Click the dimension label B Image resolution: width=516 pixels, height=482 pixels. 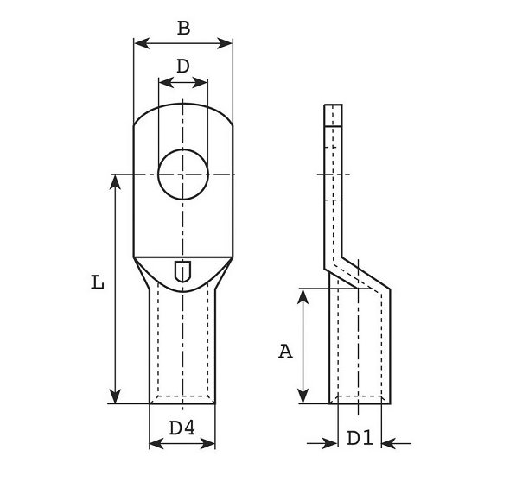pyautogui.click(x=183, y=28)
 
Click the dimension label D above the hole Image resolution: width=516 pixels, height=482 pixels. pyautogui.click(x=183, y=67)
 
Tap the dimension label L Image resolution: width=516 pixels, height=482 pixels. pyautogui.click(x=98, y=282)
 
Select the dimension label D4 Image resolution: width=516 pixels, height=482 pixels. pyautogui.click(x=182, y=428)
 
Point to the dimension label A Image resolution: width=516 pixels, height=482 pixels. pyautogui.click(x=285, y=352)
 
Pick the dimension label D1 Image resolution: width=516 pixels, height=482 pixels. pyautogui.click(x=360, y=438)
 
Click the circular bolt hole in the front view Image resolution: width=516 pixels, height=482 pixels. pyautogui.click(x=183, y=174)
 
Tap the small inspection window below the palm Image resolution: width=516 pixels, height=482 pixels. pyautogui.click(x=182, y=271)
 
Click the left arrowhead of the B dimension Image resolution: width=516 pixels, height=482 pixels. pyautogui.click(x=142, y=43)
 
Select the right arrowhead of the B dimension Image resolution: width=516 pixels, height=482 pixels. pyautogui.click(x=225, y=43)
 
